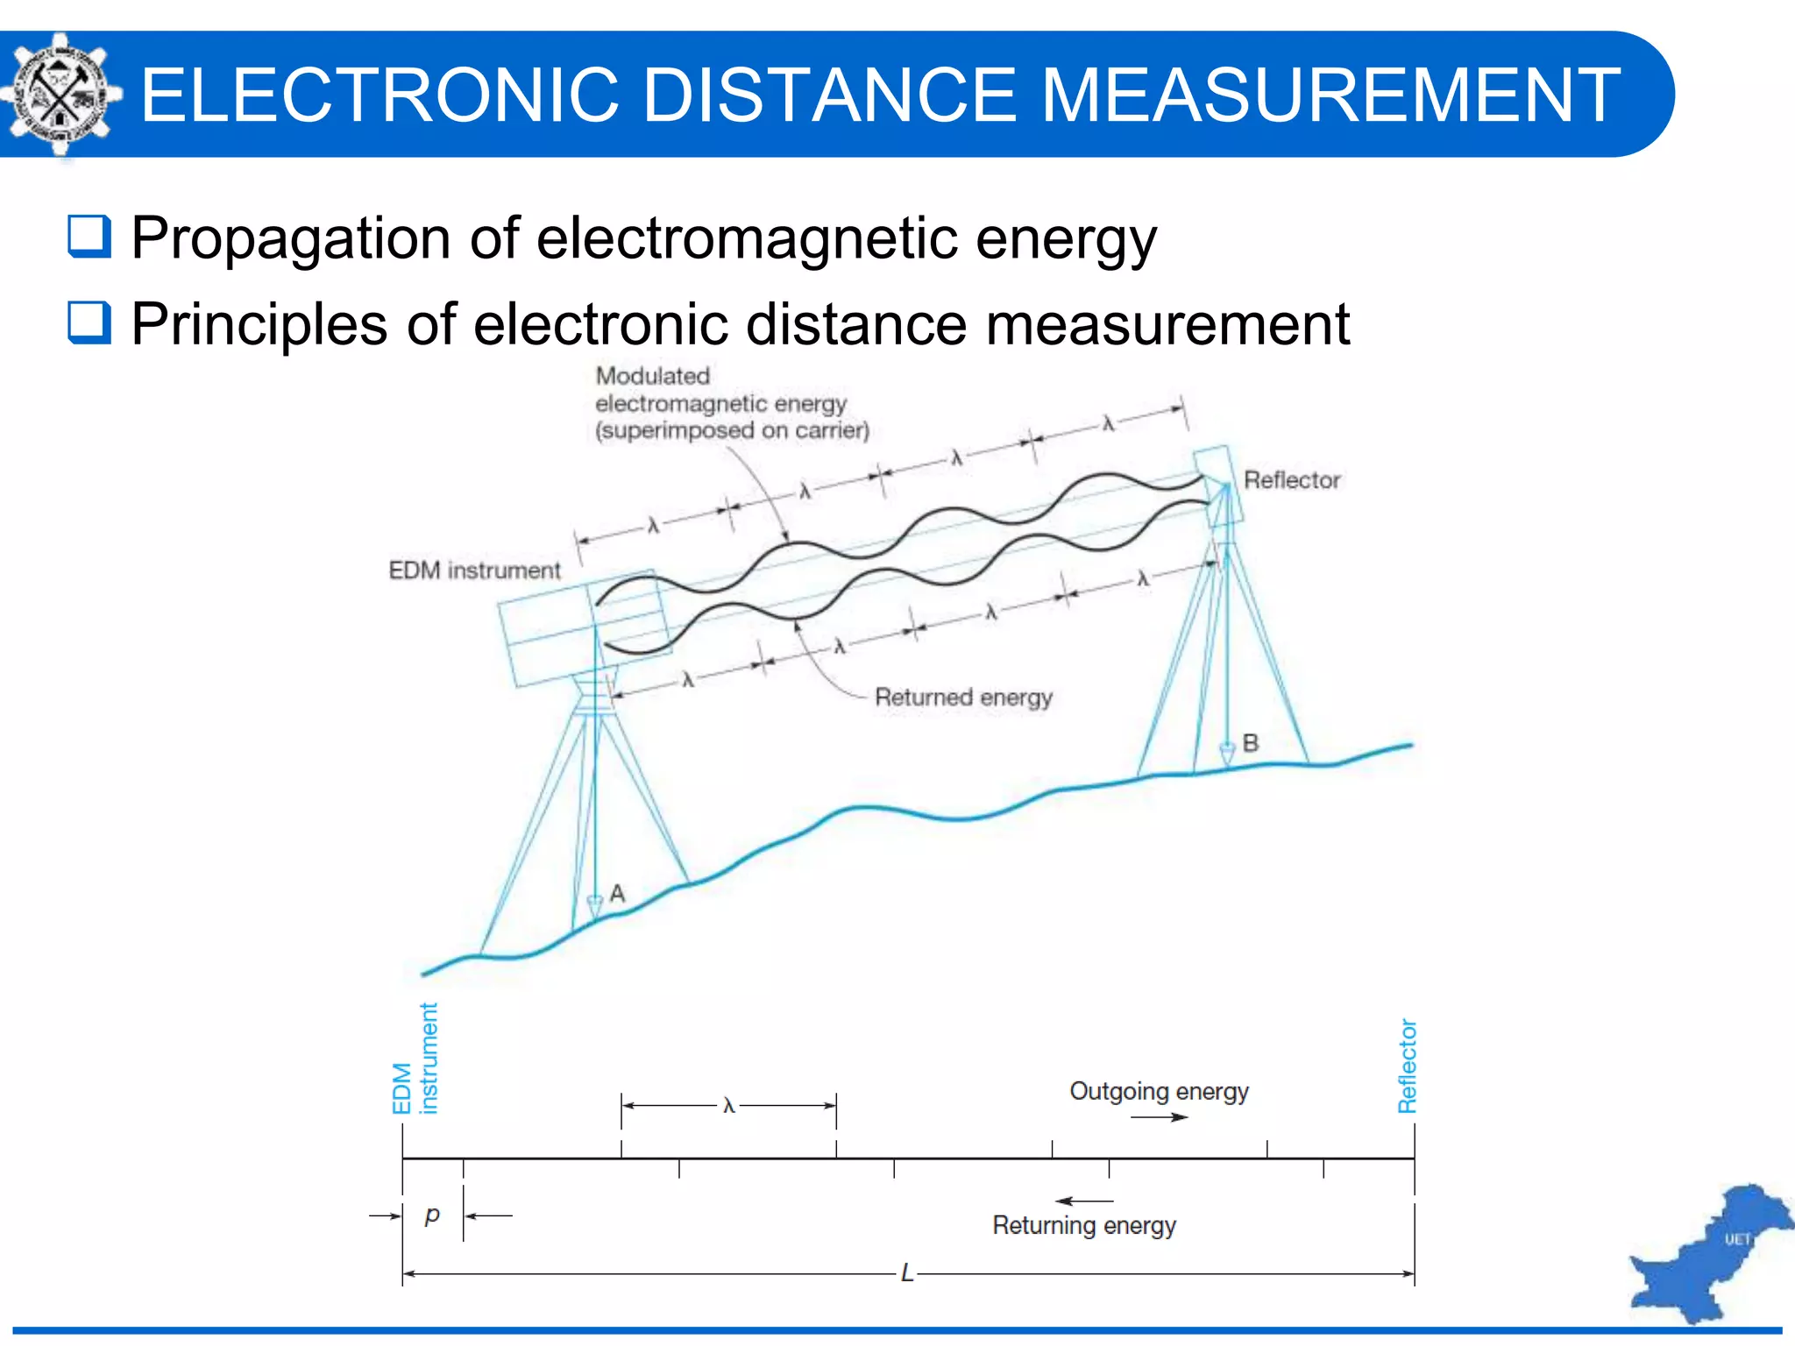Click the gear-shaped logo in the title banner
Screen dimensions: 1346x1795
tap(60, 95)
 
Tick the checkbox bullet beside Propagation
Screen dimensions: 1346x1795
tap(89, 237)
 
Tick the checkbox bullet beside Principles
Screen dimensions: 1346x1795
tap(89, 322)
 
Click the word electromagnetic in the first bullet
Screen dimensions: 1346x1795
tap(746, 237)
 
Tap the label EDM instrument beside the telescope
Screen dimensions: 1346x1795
tap(474, 570)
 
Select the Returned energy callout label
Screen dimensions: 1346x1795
tap(963, 698)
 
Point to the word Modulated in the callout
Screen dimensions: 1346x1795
tap(653, 376)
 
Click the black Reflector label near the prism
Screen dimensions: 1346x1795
tap(1292, 480)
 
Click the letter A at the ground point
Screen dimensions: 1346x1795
tap(617, 894)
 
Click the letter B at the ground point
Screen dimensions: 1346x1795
tap(1251, 743)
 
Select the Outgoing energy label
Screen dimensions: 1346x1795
tap(1159, 1091)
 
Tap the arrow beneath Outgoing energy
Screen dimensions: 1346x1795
tap(1159, 1117)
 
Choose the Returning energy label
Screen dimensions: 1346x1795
tap(1084, 1225)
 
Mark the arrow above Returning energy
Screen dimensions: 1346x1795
tap(1084, 1201)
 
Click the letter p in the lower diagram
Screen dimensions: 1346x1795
tap(431, 1215)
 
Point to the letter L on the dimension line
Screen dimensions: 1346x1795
tap(907, 1273)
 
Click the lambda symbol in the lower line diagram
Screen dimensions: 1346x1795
tap(728, 1106)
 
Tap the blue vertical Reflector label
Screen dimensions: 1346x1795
tap(1407, 1066)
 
